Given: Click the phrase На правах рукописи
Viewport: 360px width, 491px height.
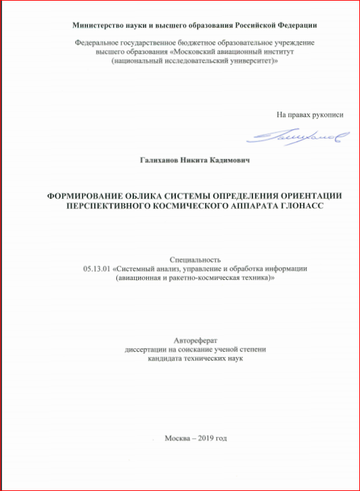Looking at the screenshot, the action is [310, 115].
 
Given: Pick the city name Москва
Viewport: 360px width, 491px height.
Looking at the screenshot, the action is [178, 438].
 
